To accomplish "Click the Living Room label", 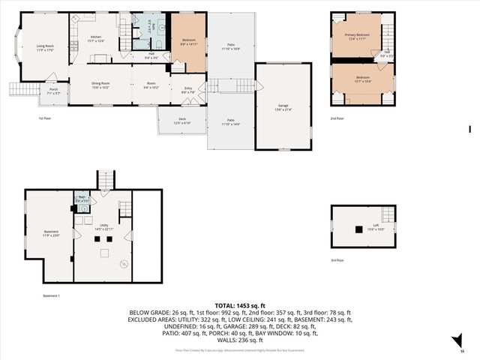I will click(x=44, y=48).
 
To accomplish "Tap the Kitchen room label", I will click(x=96, y=38).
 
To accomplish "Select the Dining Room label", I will click(x=100, y=85).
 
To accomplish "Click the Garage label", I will click(x=283, y=107).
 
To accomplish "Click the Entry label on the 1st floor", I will click(x=188, y=91).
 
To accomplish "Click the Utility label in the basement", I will click(x=104, y=226).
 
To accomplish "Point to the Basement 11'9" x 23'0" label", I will click(x=51, y=233).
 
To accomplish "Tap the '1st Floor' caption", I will click(x=46, y=118).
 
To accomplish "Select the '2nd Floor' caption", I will click(x=338, y=118).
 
